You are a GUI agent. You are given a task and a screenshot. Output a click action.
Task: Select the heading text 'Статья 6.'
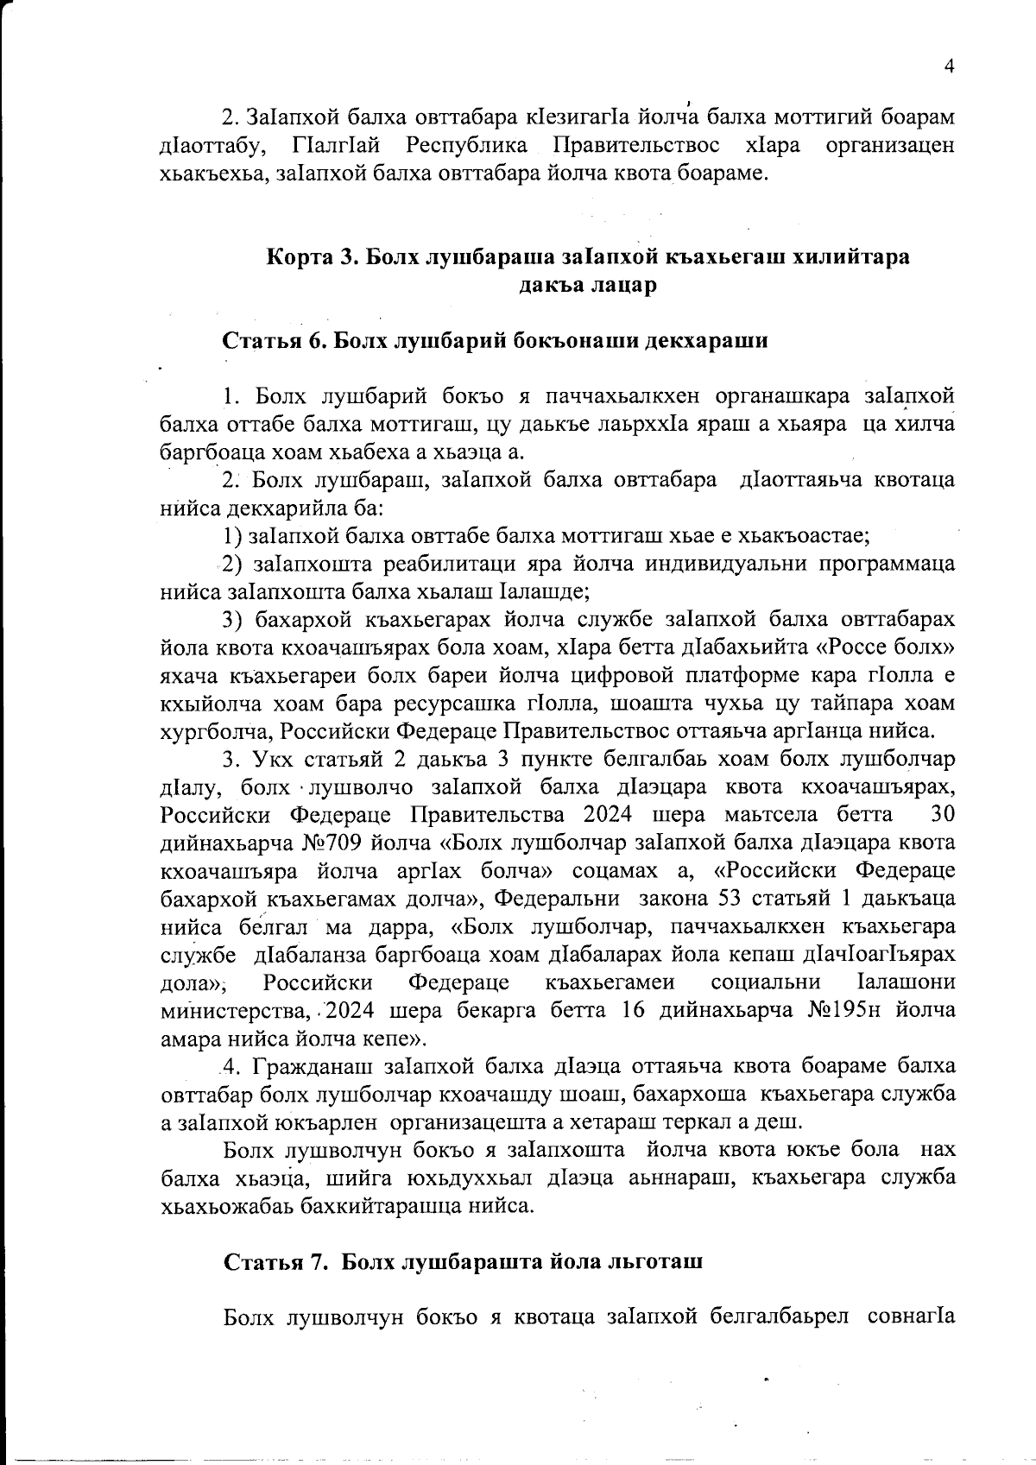(x=274, y=340)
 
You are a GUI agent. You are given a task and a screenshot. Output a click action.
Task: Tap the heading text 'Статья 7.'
(x=275, y=1261)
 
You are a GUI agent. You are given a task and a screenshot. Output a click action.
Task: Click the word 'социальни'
(x=765, y=982)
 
